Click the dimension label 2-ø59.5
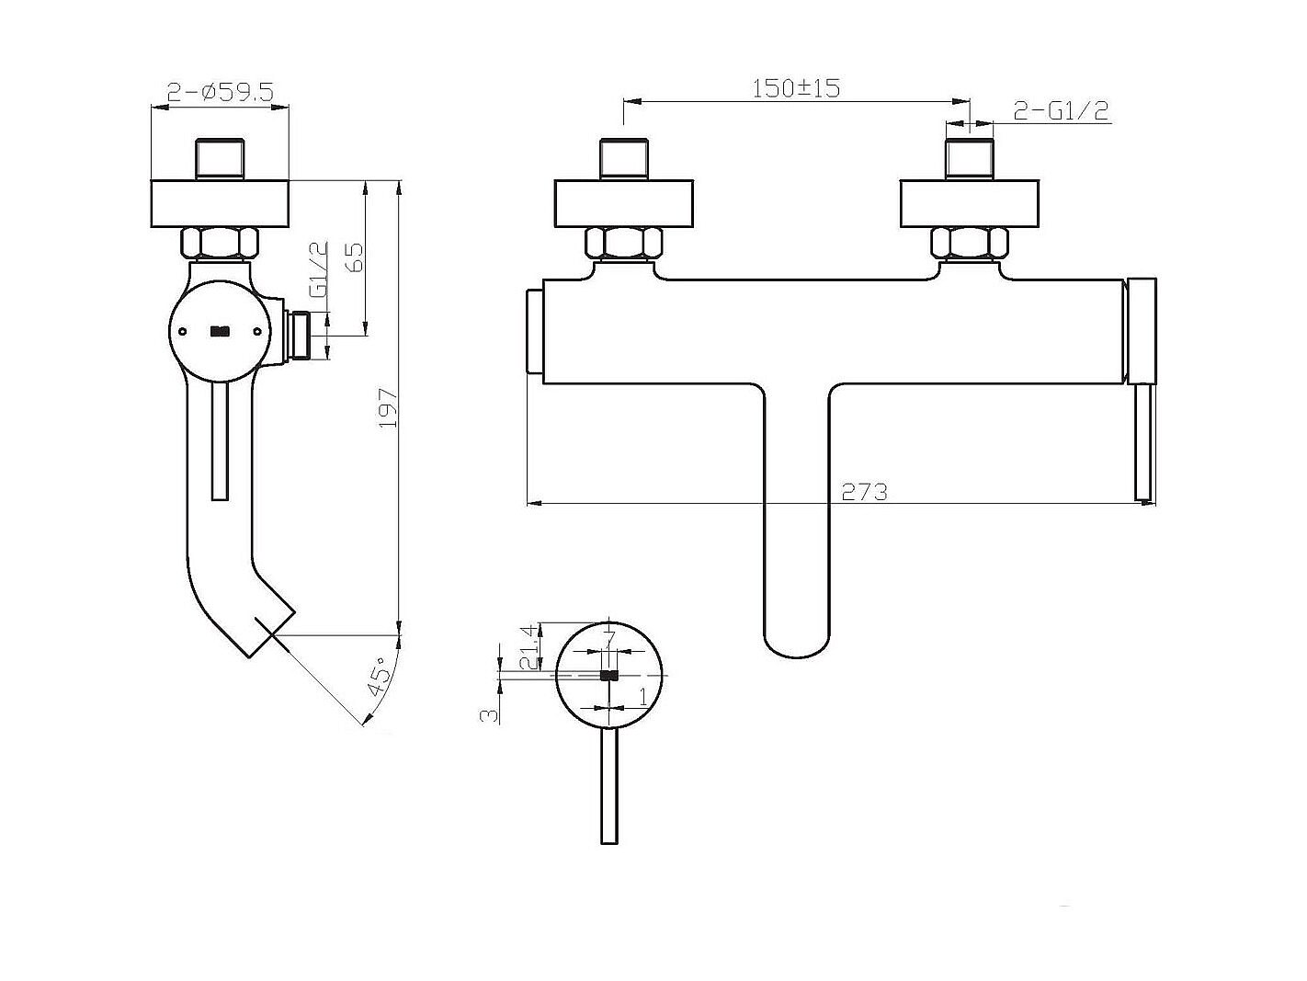click(221, 92)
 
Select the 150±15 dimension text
click(796, 89)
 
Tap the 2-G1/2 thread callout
click(1061, 110)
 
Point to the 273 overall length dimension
click(864, 492)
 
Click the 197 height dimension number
click(388, 407)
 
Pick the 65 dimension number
click(354, 257)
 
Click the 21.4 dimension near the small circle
click(530, 648)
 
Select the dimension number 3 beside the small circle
click(488, 715)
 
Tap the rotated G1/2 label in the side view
click(319, 269)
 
